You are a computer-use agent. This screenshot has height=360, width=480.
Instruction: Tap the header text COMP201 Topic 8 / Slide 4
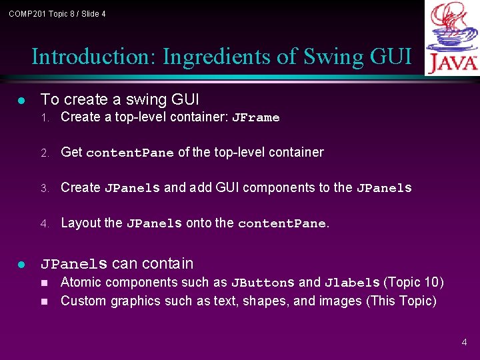pos(57,14)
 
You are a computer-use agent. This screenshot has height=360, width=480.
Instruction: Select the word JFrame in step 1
pos(255,118)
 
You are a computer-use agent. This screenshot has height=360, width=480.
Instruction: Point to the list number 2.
pos(45,153)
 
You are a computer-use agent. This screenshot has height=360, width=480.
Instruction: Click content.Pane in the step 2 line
pos(129,153)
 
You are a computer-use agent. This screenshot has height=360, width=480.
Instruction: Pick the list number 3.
pos(45,189)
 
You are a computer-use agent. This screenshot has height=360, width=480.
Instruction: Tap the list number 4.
pos(45,224)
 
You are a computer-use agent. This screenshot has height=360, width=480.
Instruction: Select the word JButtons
pos(262,283)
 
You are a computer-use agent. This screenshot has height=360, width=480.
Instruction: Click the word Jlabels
pos(351,283)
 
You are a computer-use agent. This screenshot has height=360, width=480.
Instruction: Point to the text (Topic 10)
pos(413,283)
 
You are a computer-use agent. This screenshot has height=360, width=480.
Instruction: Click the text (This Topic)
pos(401,301)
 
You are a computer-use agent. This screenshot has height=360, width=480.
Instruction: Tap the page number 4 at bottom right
pos(464,343)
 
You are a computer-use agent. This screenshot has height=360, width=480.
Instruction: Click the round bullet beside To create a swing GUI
pos(22,101)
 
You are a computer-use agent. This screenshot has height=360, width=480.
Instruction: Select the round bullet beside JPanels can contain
pos(22,265)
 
